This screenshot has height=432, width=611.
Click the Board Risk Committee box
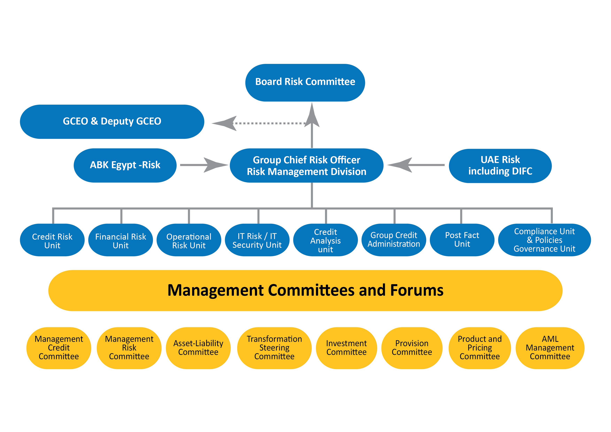pos(305,83)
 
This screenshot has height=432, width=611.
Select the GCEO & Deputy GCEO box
pos(112,122)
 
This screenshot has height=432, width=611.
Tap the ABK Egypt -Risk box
pos(125,165)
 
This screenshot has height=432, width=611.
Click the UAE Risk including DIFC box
pos(500,166)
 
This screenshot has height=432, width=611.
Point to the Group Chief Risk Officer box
pos(306,165)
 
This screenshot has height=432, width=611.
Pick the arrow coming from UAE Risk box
pos(415,165)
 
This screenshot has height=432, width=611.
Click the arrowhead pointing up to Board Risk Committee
pos(312,116)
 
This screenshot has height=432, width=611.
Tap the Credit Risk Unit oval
pos(52,240)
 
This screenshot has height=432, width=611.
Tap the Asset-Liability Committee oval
pos(198,348)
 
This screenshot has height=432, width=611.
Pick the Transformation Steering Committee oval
pos(274,348)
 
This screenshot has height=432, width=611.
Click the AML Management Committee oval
pos(550,348)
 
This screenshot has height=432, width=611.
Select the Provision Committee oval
pos(412,348)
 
